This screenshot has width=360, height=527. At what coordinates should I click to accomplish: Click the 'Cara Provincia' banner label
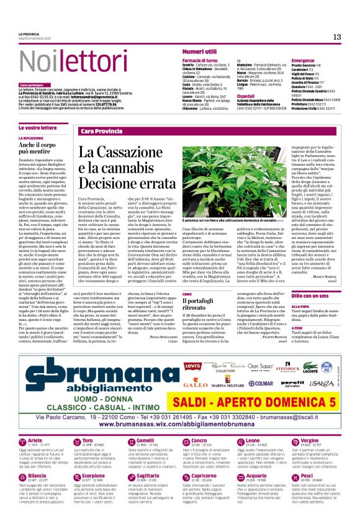[101, 132]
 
